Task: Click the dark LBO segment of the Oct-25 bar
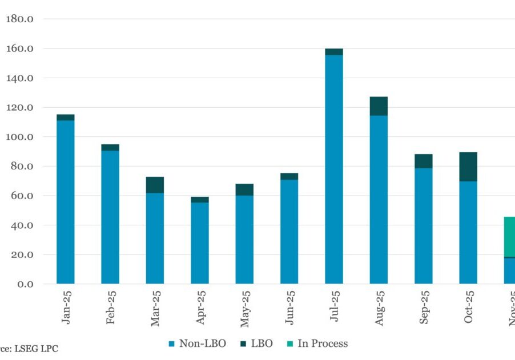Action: tap(468, 167)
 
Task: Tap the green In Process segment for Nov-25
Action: tap(509, 237)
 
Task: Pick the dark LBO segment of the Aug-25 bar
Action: tap(379, 106)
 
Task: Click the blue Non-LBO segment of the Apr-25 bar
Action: tap(200, 243)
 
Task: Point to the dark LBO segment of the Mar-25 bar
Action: tap(155, 185)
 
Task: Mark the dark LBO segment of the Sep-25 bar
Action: tap(424, 161)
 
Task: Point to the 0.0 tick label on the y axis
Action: tap(25, 284)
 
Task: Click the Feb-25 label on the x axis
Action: tap(110, 308)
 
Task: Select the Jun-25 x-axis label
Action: tap(289, 308)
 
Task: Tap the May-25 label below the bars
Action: tap(244, 309)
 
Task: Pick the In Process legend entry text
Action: tap(323, 343)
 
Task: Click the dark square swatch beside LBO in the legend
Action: tap(243, 344)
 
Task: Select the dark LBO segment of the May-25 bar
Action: tap(244, 189)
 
